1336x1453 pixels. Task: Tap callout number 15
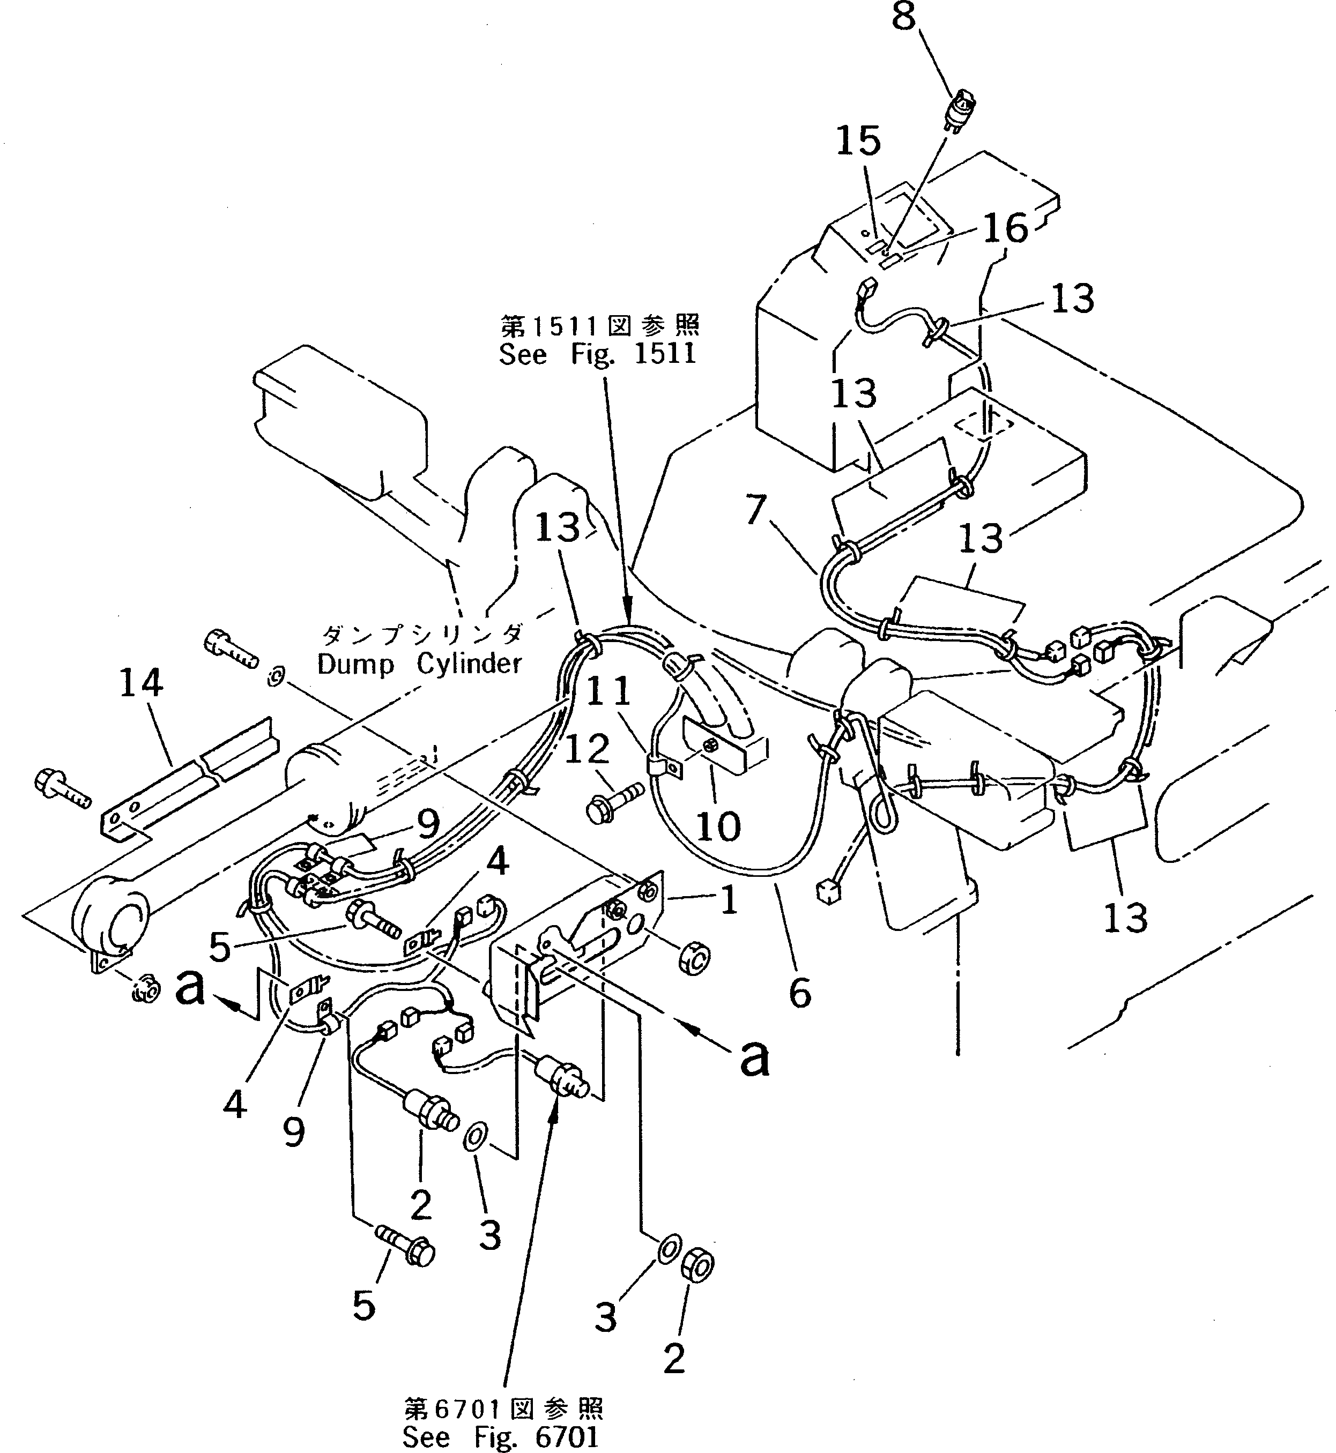[858, 141]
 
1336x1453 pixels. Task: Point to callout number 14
[141, 683]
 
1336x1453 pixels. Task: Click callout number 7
[755, 510]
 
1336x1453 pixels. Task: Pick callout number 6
[799, 994]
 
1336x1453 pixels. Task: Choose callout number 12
[587, 750]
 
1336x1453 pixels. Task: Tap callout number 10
[718, 825]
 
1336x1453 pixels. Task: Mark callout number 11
[608, 692]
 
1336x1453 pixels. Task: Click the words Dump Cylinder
[419, 664]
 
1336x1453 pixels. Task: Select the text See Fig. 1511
[597, 354]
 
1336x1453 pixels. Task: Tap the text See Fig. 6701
[500, 1436]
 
